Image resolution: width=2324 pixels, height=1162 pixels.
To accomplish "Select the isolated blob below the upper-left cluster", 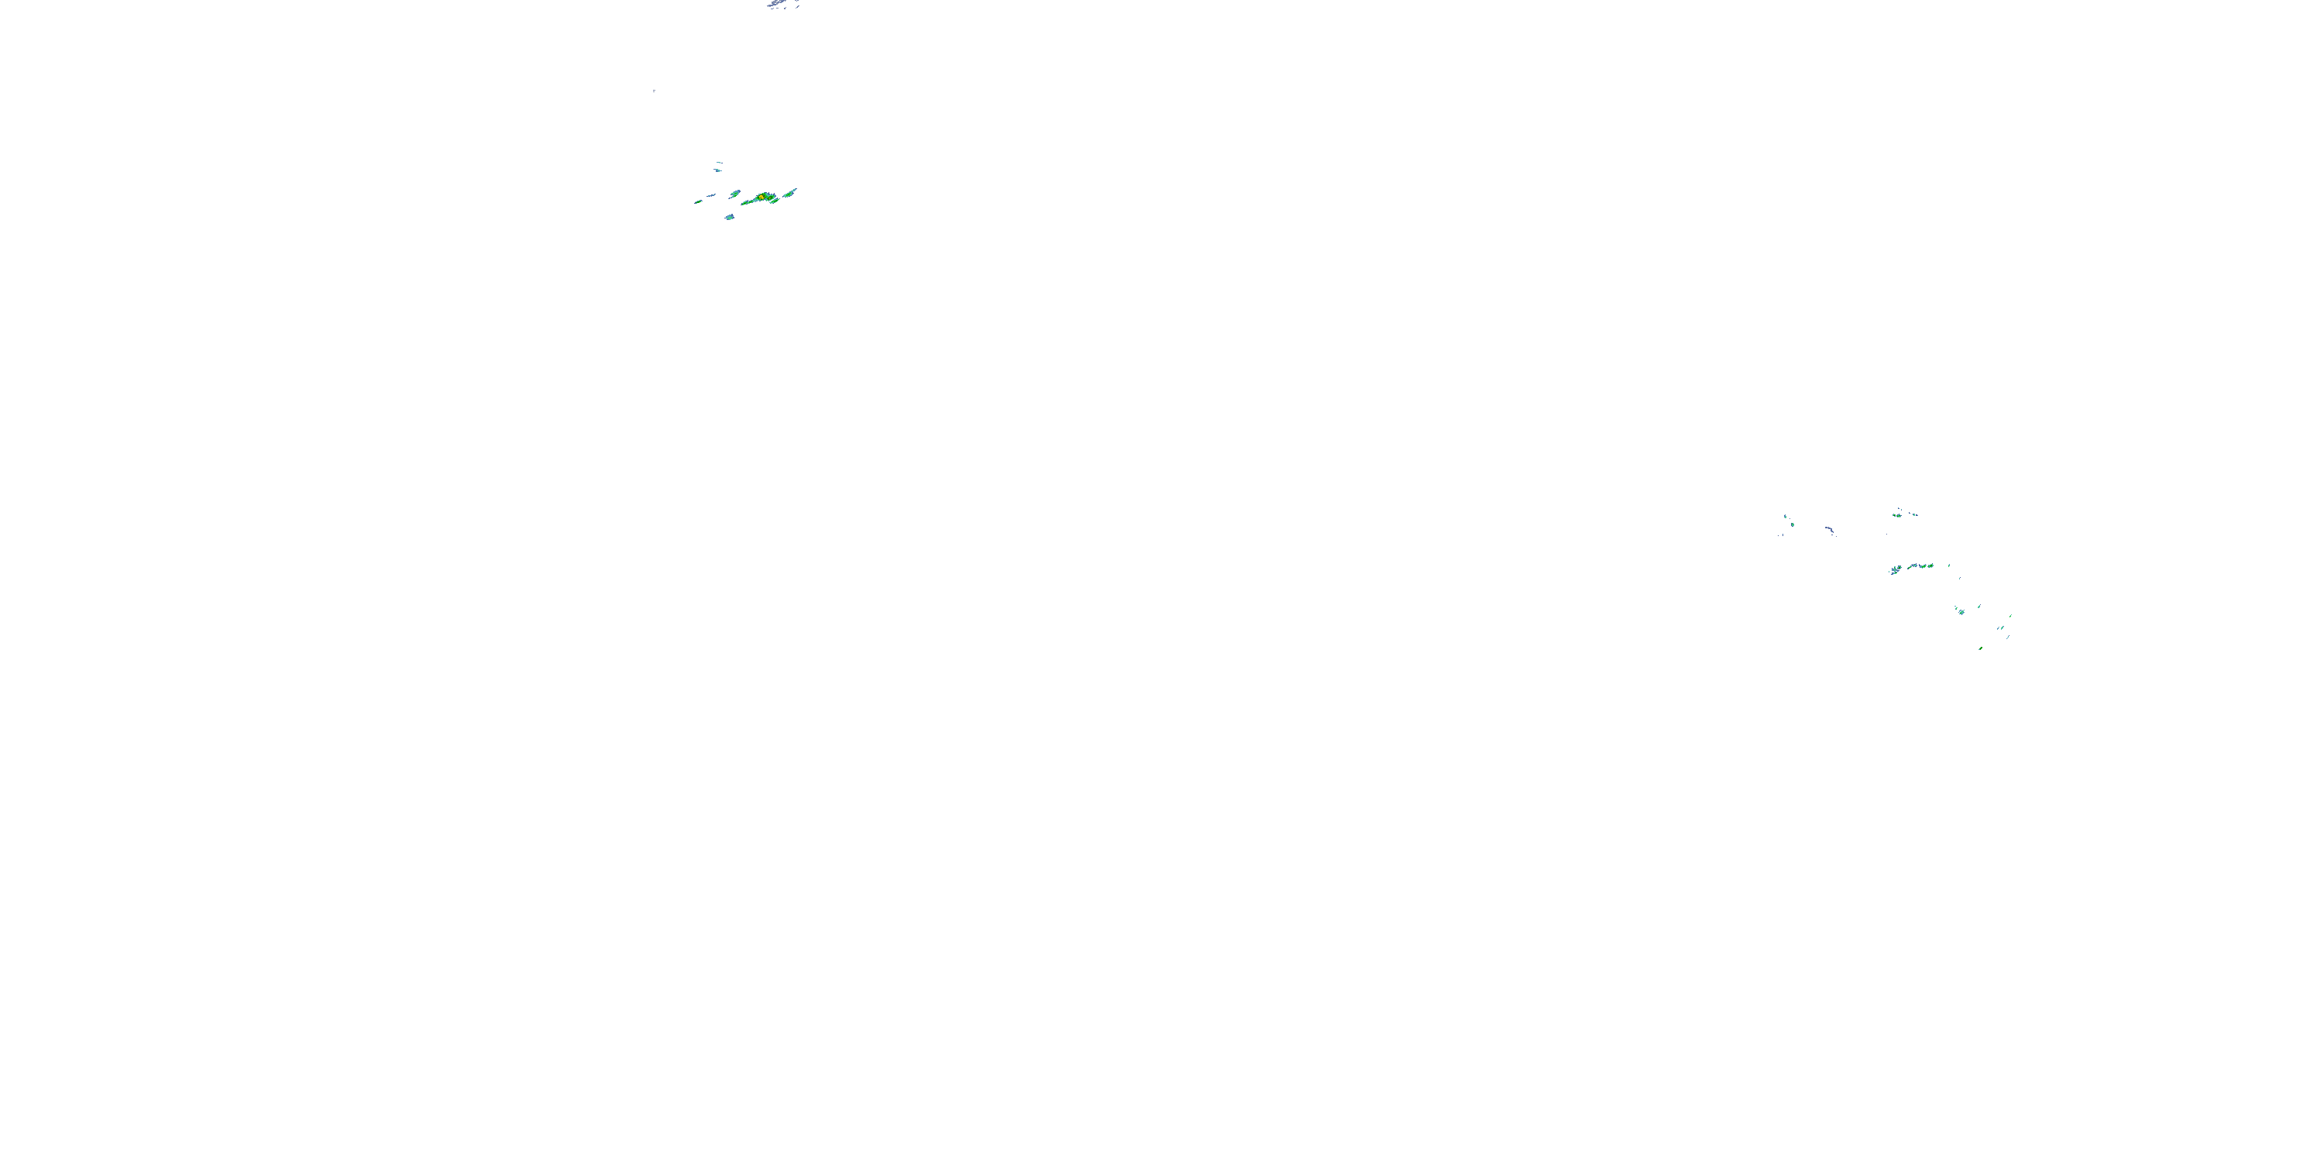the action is click(x=729, y=218).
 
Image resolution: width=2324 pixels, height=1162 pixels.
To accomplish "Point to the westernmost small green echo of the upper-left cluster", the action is click(x=697, y=201).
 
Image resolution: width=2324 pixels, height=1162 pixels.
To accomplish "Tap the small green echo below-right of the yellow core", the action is click(x=774, y=201).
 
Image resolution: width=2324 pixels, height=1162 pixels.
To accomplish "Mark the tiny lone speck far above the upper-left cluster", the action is click(x=653, y=90).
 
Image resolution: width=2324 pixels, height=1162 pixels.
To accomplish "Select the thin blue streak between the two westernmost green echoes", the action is click(x=711, y=195).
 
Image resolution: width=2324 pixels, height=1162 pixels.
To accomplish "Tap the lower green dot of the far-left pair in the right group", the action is click(x=1792, y=524).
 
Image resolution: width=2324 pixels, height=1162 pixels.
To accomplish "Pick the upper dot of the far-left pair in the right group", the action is click(x=1785, y=516).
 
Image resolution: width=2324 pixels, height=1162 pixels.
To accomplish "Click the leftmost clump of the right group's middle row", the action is click(x=1896, y=570).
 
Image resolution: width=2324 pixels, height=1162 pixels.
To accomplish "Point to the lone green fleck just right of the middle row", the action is click(x=1949, y=566).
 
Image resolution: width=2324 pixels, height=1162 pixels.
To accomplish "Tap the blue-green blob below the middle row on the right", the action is click(x=1961, y=612).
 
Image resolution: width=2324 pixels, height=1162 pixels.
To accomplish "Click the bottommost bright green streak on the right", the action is click(x=1980, y=648).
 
